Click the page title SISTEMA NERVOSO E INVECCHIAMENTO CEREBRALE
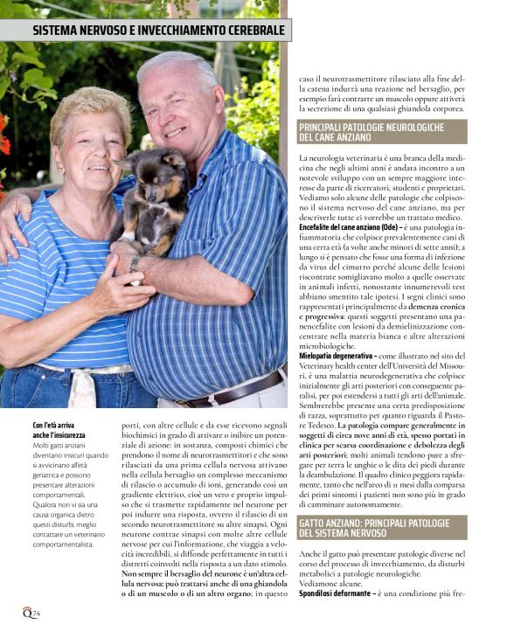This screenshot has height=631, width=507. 158,31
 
